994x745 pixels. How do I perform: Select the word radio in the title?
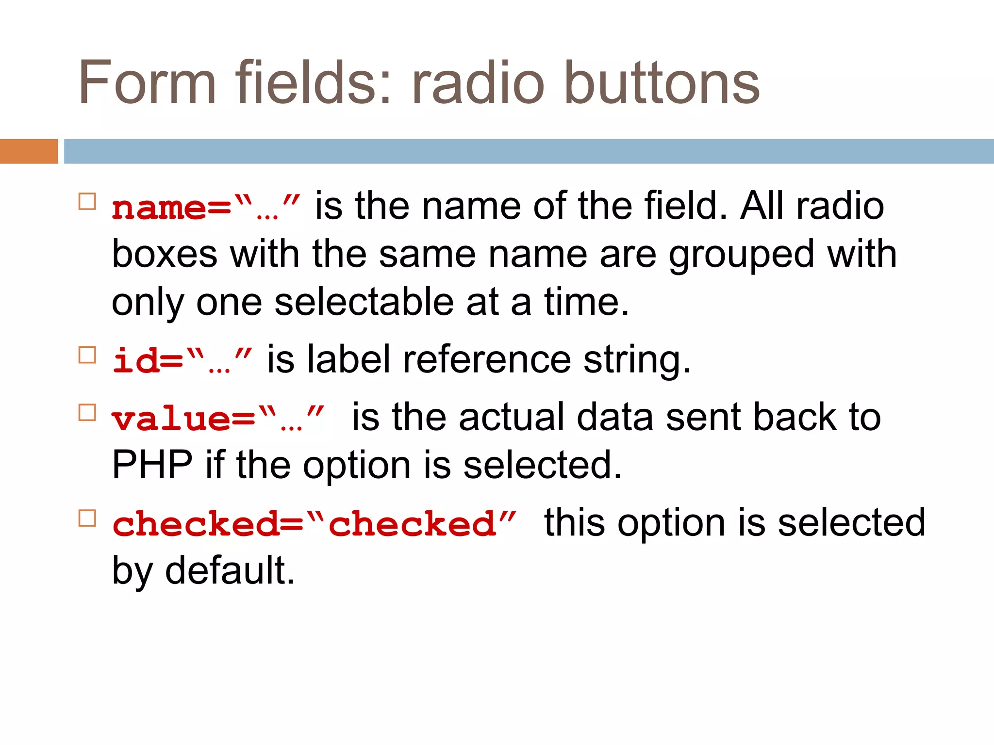click(x=478, y=82)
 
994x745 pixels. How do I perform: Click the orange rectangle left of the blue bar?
click(x=29, y=151)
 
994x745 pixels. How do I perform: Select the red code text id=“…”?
click(x=182, y=361)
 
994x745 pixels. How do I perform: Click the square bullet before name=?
click(x=87, y=201)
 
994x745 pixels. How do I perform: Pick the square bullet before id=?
click(x=87, y=355)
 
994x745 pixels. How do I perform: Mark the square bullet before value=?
click(x=87, y=413)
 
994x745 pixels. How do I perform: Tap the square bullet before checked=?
click(x=87, y=518)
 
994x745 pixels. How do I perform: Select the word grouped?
click(x=741, y=255)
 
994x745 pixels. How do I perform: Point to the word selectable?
click(x=364, y=303)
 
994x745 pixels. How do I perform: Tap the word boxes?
click(x=165, y=255)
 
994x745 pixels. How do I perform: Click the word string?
click(x=637, y=361)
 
